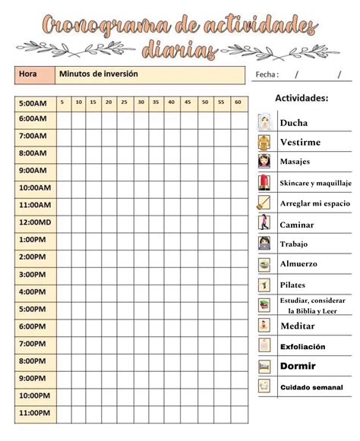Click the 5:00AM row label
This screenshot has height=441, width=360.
point(32,102)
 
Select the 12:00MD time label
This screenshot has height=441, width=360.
point(34,222)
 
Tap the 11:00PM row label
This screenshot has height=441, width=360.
point(33,413)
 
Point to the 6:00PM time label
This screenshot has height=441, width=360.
point(32,326)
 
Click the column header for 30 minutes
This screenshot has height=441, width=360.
point(140,102)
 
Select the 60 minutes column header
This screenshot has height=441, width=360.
point(237,102)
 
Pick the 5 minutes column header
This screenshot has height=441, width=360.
point(62,102)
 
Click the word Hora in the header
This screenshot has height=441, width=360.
point(28,74)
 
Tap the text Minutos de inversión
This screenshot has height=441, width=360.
point(98,74)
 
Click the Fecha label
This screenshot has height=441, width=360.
point(267,74)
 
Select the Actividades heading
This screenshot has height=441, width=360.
point(302,99)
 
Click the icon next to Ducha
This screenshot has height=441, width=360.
point(264,122)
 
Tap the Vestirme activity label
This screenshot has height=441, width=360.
point(300,142)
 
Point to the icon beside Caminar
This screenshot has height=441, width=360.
point(264,224)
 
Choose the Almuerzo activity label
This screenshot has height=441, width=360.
point(298,264)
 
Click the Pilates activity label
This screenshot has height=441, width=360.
point(293,285)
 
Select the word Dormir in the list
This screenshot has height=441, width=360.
point(298,366)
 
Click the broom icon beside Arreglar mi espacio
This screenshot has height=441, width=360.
point(264,203)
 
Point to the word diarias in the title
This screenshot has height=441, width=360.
point(180,50)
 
